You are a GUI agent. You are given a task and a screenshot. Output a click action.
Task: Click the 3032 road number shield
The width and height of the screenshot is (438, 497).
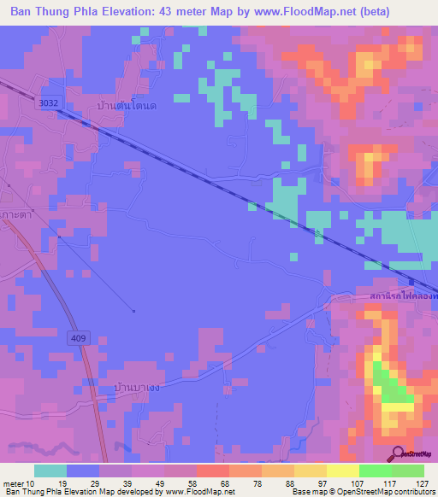pyautogui.click(x=49, y=102)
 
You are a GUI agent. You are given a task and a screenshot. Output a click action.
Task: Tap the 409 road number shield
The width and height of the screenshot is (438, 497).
pyautogui.click(x=78, y=339)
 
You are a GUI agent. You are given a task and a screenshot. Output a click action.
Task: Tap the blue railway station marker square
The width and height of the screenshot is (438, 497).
pyautogui.click(x=411, y=283)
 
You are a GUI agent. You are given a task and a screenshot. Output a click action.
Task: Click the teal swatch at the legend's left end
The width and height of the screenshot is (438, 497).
pyautogui.click(x=50, y=471)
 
